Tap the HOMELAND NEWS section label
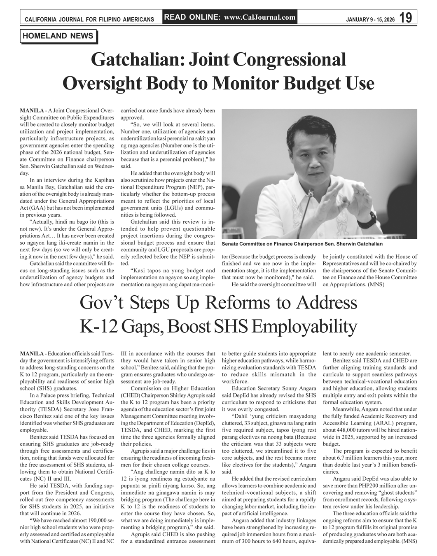click(58, 36)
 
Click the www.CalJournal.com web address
click(260, 17)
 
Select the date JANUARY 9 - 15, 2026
click(370, 19)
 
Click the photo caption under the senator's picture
click(302, 244)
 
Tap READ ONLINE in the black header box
click(192, 17)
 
